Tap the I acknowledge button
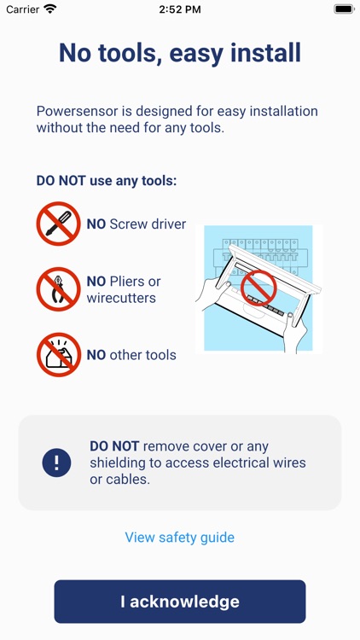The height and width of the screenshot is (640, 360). tap(180, 602)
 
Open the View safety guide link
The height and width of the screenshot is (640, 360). tap(180, 537)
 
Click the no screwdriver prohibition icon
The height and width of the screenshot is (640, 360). tap(58, 224)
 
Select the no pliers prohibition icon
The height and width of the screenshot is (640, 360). tap(58, 289)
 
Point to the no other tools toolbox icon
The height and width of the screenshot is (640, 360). tap(58, 355)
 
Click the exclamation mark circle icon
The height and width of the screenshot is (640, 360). tap(57, 463)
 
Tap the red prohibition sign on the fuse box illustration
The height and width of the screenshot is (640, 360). tap(258, 288)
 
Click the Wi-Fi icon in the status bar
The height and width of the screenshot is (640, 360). tap(50, 9)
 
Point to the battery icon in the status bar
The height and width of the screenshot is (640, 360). tap(344, 9)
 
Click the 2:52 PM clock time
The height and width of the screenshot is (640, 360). tap(180, 9)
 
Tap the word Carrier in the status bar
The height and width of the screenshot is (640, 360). tap(23, 9)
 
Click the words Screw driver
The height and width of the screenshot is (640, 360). tap(148, 224)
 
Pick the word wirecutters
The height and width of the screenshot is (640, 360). tap(121, 298)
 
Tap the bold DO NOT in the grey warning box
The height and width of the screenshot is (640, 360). tap(114, 446)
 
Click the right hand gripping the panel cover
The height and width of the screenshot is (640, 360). tap(295, 331)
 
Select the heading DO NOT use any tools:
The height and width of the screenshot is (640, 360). tap(107, 181)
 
